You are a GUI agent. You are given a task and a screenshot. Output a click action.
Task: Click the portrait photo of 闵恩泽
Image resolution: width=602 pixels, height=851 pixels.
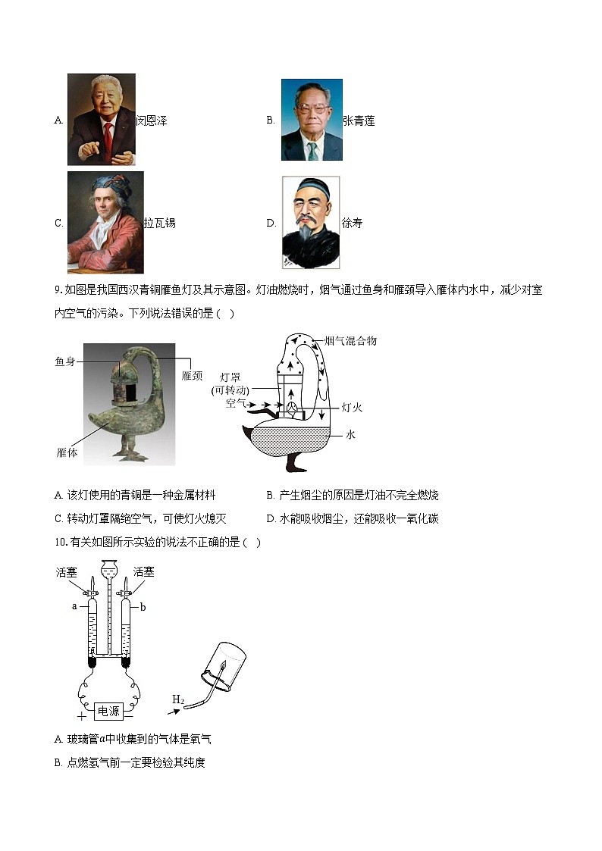click(101, 119)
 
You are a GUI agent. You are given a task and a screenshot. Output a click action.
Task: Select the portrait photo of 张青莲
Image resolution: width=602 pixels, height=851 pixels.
click(312, 120)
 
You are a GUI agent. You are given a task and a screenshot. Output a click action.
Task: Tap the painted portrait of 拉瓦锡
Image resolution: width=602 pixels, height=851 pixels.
click(105, 222)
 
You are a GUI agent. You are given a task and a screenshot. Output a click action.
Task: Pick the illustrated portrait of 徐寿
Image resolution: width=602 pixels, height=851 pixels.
click(311, 222)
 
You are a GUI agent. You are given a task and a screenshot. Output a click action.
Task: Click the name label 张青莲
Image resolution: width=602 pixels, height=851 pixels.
click(359, 120)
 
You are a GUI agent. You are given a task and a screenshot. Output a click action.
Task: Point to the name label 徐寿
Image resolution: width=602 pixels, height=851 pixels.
click(352, 223)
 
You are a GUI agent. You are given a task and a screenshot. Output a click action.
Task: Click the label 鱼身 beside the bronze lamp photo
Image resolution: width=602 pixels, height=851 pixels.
click(65, 361)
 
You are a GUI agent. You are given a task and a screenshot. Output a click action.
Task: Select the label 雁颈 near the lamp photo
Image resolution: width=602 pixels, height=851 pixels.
click(193, 375)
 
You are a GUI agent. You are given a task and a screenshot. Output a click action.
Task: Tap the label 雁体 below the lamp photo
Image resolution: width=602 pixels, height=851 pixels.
click(67, 452)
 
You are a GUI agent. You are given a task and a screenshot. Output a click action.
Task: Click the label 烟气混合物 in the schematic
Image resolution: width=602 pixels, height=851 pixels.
click(350, 341)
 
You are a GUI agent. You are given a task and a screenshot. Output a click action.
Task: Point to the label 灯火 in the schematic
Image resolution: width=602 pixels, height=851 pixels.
click(352, 407)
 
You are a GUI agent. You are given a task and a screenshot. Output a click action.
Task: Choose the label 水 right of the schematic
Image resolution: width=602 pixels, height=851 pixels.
click(350, 434)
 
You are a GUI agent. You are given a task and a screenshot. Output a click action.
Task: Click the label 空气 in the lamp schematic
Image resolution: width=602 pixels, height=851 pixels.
click(236, 403)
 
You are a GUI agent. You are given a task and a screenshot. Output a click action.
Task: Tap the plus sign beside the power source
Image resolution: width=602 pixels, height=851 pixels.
click(81, 715)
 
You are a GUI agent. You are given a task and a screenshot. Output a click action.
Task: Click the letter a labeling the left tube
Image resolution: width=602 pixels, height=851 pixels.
click(74, 606)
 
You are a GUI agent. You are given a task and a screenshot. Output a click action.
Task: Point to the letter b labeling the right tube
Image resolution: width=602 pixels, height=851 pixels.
click(143, 606)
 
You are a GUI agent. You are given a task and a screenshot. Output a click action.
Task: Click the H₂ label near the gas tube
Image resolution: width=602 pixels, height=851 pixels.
click(178, 699)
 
